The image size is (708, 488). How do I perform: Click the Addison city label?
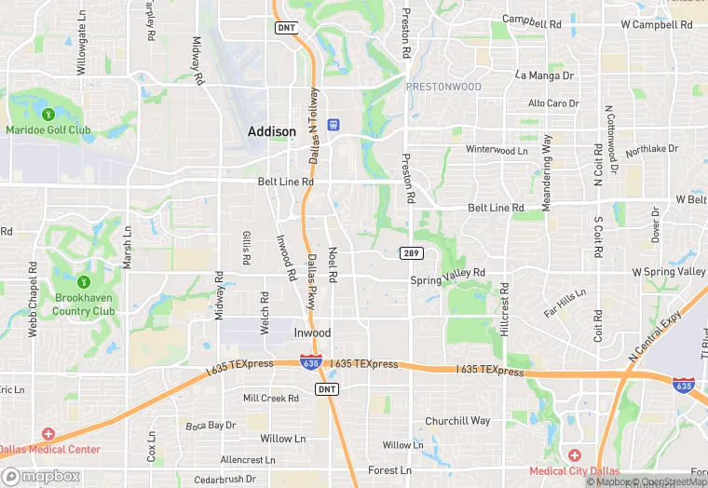pyautogui.click(x=272, y=132)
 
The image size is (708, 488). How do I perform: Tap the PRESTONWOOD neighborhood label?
pyautogui.click(x=443, y=87)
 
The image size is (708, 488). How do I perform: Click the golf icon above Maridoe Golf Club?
pyautogui.click(x=48, y=114)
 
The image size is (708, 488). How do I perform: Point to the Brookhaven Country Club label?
pyautogui.click(x=84, y=305)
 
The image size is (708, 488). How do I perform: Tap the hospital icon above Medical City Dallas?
pyautogui.click(x=574, y=454)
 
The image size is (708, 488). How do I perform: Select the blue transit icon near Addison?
pyautogui.click(x=333, y=125)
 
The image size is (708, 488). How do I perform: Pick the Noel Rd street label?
pyautogui.click(x=333, y=264)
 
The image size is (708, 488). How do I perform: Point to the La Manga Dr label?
pyautogui.click(x=545, y=75)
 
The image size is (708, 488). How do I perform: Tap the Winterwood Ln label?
pyautogui.click(x=497, y=149)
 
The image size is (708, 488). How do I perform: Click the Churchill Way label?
pyautogui.click(x=457, y=421)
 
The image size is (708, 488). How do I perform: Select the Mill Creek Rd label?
pyautogui.click(x=271, y=398)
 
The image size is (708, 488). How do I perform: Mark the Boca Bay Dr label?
pyautogui.click(x=211, y=425)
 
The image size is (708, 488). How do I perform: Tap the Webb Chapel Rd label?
pyautogui.click(x=33, y=298)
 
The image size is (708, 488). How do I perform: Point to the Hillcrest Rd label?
pyautogui.click(x=505, y=310)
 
